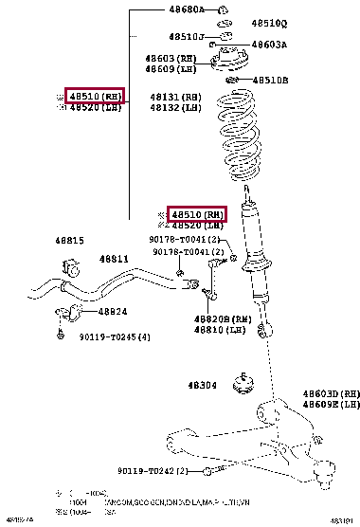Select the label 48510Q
(269, 22)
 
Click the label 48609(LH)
(171, 69)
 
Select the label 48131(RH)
(175, 97)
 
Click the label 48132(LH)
(175, 108)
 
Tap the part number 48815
(69, 241)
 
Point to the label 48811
(115, 259)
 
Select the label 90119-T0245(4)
(114, 336)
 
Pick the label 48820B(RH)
(223, 319)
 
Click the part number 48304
(204, 385)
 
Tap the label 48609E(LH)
(331, 405)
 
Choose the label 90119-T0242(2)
(153, 471)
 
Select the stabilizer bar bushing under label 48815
(67, 263)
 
